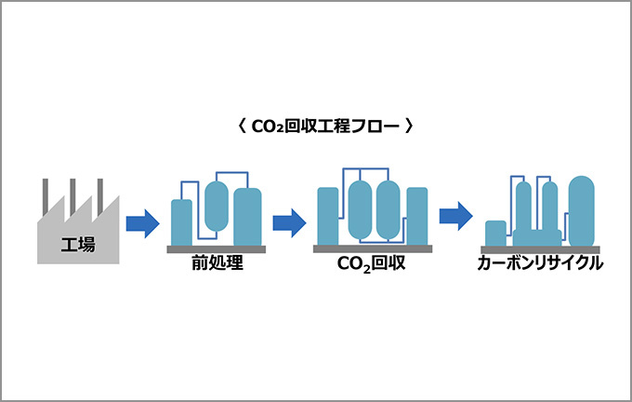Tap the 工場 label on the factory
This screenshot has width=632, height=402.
point(77,246)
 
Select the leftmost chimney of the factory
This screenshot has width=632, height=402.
point(44,195)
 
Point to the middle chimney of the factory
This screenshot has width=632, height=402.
point(72,195)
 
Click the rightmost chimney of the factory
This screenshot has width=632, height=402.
point(99,195)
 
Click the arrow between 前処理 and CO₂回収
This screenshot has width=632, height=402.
point(289,222)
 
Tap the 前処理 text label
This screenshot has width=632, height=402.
point(217,263)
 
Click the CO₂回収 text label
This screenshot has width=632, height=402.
point(372,264)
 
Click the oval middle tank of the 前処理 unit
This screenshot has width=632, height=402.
point(217,206)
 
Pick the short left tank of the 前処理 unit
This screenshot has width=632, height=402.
point(182,223)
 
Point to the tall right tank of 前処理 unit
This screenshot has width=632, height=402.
point(247,217)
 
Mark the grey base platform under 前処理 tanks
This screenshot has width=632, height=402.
point(217,249)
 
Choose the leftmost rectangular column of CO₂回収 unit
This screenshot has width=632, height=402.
point(327,216)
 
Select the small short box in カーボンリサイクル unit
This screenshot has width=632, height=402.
point(496,233)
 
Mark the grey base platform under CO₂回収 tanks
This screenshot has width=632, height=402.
point(372,249)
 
